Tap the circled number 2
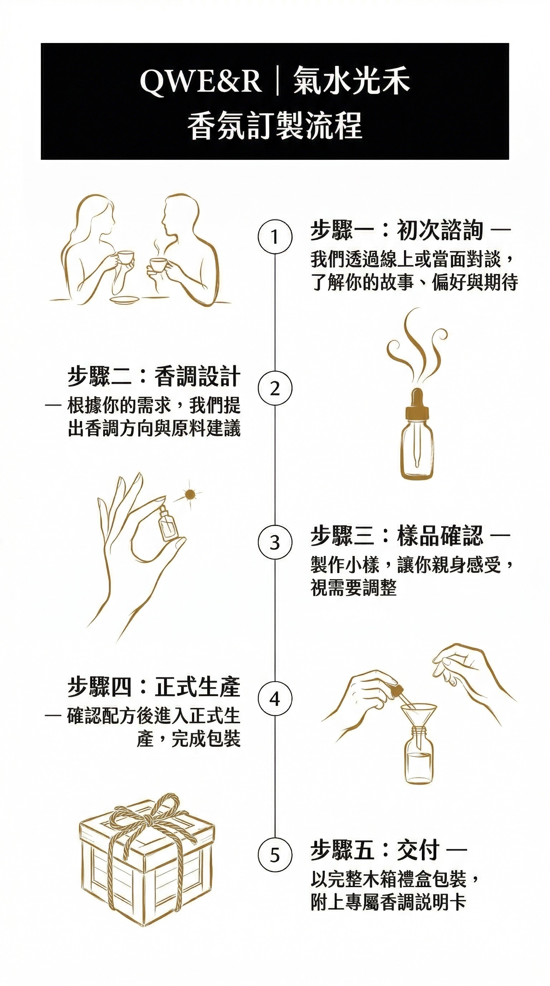(275, 389)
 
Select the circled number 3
(275, 542)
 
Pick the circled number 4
(275, 699)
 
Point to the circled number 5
(275, 855)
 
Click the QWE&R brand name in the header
(201, 82)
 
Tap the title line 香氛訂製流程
(275, 125)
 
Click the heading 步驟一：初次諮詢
(397, 230)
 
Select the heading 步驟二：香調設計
(154, 376)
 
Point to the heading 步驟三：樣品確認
(397, 536)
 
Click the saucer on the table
(125, 299)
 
